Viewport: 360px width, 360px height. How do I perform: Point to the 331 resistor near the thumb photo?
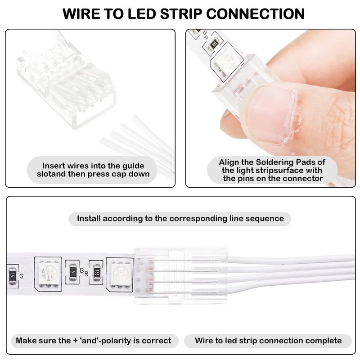pyautogui.click(x=215, y=44)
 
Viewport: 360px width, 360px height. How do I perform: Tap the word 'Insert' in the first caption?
pyautogui.click(x=54, y=165)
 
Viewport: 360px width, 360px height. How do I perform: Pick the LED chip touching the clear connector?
pyautogui.click(x=120, y=273)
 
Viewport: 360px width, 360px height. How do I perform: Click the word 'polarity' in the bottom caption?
pyautogui.click(x=125, y=341)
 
